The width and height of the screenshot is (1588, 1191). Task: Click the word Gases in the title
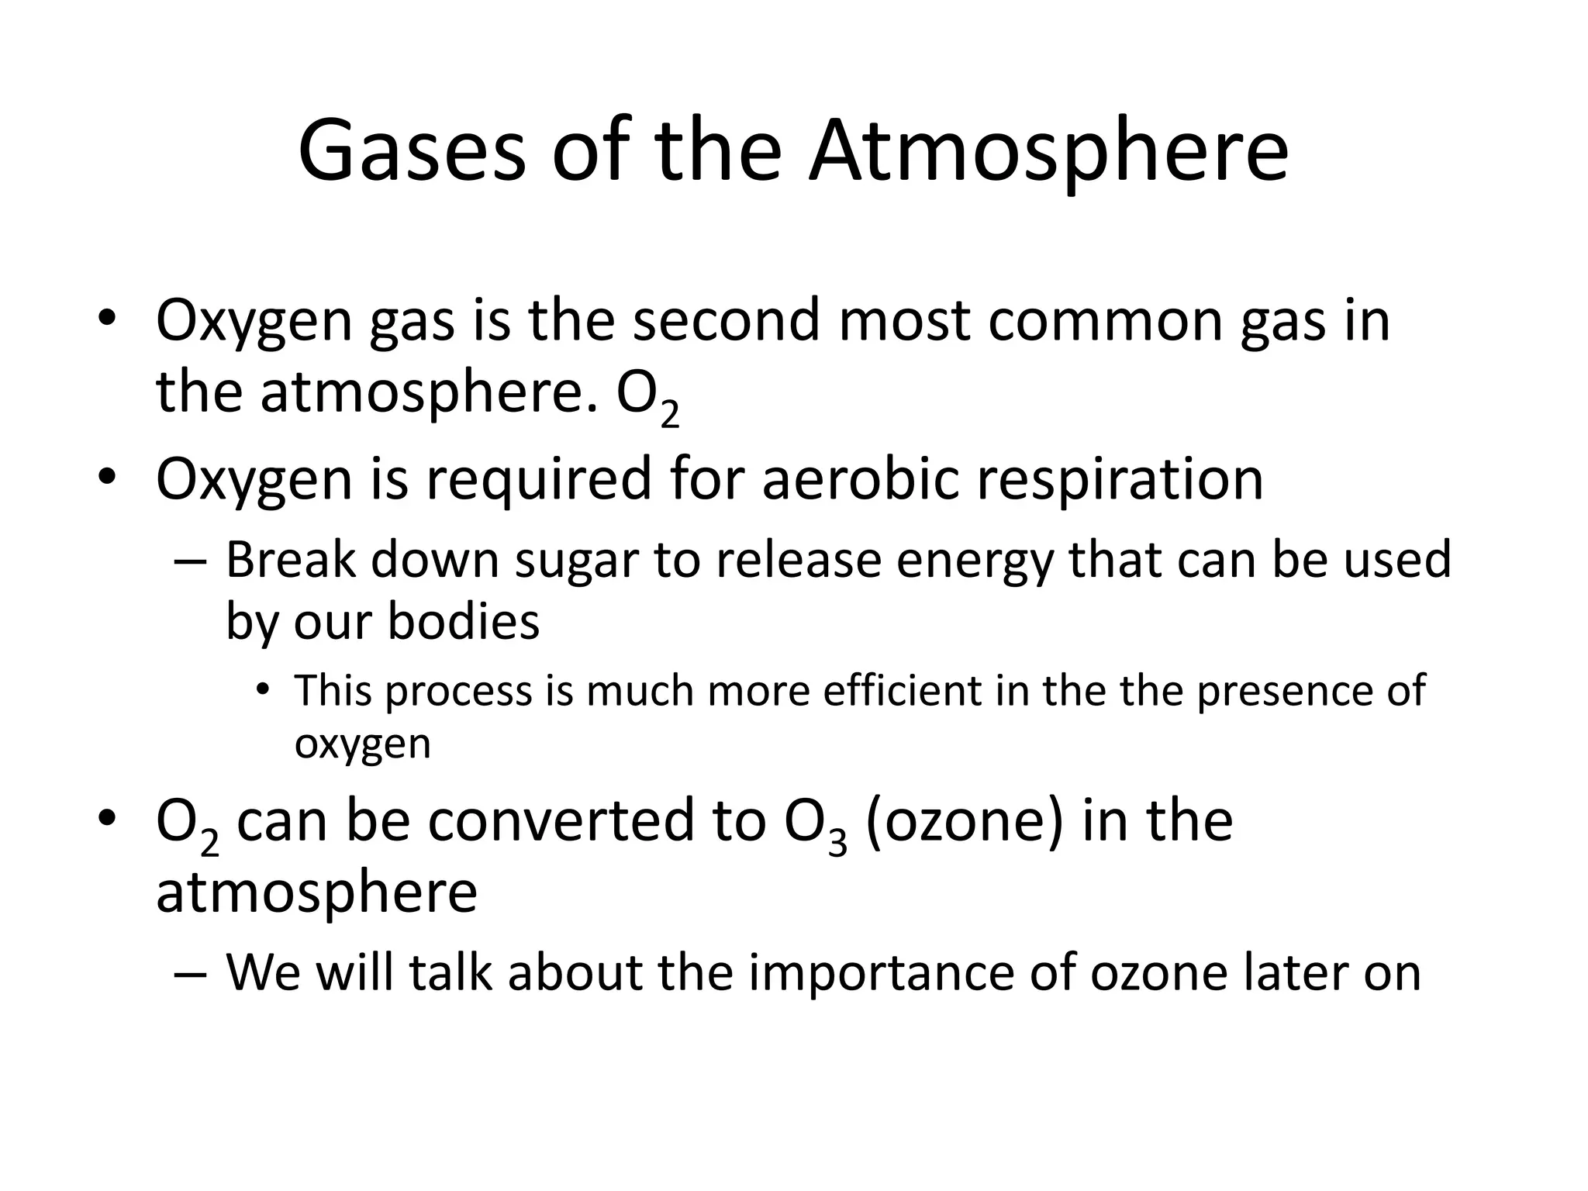click(x=411, y=151)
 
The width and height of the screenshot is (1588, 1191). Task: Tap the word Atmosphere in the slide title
click(x=1048, y=151)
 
